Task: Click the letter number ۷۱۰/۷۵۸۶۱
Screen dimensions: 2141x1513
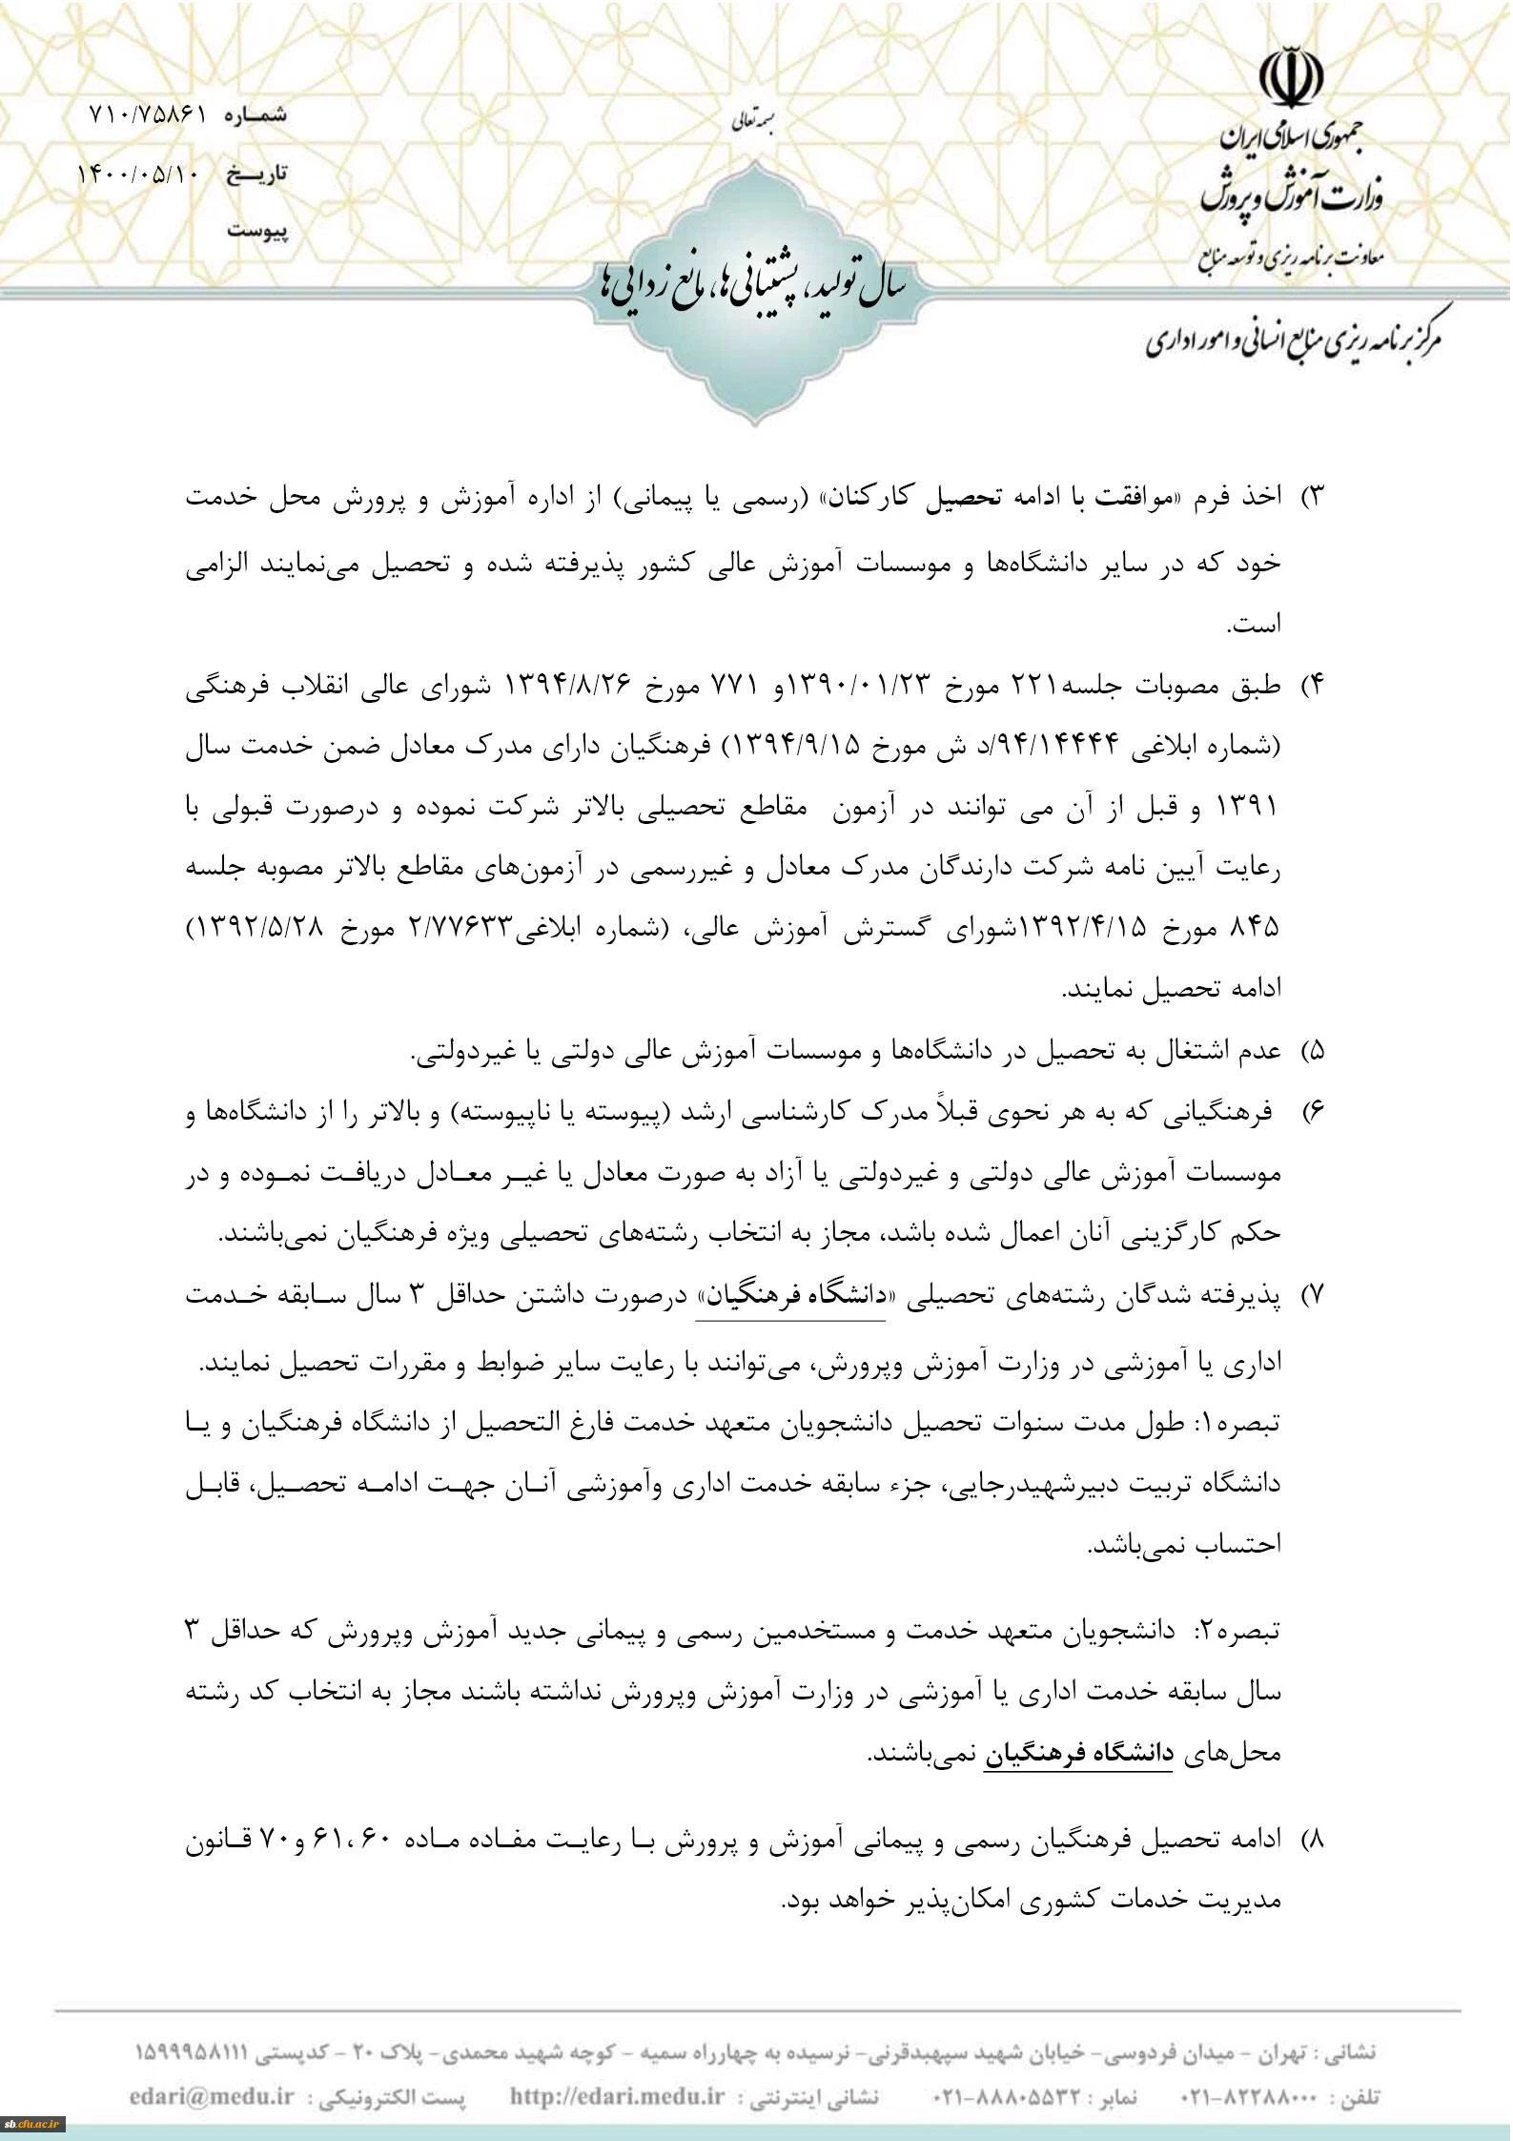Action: coord(148,114)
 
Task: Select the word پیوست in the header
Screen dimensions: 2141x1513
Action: coord(257,232)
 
